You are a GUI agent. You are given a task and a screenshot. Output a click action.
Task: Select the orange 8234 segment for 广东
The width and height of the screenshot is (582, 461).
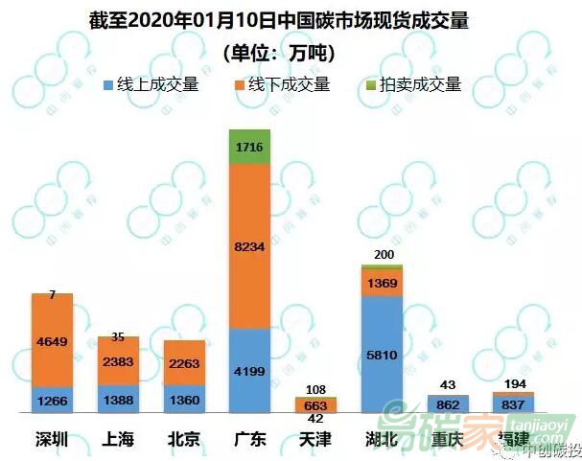point(249,246)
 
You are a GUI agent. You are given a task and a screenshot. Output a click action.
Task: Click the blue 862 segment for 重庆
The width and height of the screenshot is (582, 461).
point(448,404)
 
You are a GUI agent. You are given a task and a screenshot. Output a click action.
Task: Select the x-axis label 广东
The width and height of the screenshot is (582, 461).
point(249,440)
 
